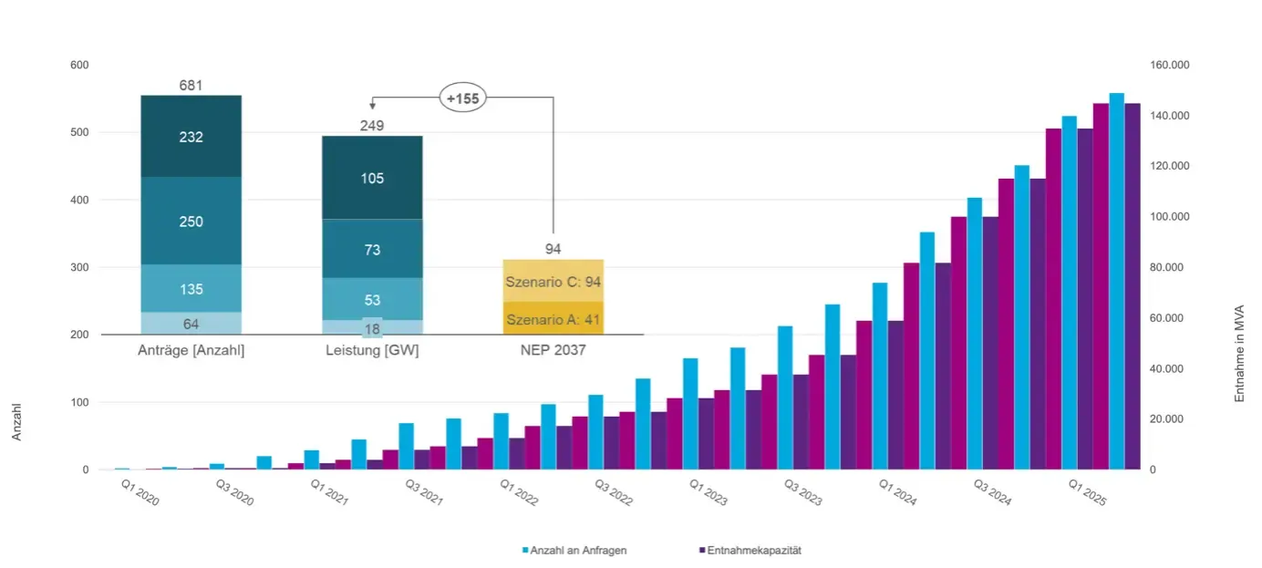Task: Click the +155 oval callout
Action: (x=463, y=98)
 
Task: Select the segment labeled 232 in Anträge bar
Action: (x=191, y=137)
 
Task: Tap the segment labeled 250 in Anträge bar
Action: (x=191, y=222)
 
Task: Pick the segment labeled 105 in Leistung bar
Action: (x=372, y=178)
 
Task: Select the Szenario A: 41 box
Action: (x=553, y=319)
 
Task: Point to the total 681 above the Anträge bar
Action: (x=191, y=86)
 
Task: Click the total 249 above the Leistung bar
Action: (x=372, y=126)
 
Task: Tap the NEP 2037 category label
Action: (x=553, y=350)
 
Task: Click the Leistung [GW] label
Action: (x=372, y=350)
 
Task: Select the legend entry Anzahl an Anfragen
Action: (x=574, y=551)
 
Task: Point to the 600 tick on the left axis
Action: (x=79, y=65)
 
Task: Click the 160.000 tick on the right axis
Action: (x=1170, y=65)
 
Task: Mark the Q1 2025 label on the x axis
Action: (x=1086, y=493)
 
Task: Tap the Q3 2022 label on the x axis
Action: (x=613, y=493)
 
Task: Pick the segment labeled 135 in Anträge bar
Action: (x=191, y=289)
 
